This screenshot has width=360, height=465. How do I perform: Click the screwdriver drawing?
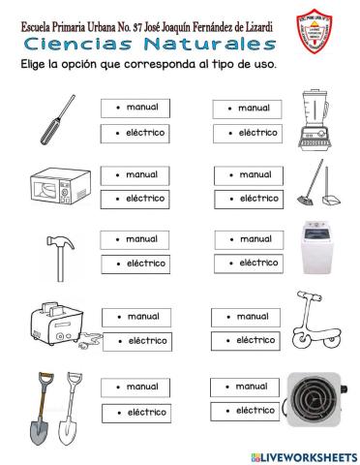click(56, 117)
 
